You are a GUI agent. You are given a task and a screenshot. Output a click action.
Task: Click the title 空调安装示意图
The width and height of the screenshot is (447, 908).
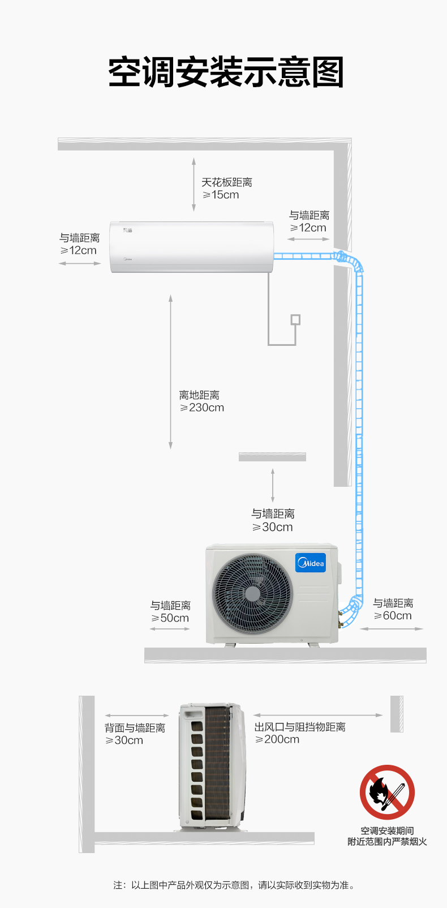[226, 72]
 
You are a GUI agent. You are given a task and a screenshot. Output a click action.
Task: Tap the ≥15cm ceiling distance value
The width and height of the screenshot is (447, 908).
[221, 195]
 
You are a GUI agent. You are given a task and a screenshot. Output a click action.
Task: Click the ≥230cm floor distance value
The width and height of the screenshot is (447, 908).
[202, 408]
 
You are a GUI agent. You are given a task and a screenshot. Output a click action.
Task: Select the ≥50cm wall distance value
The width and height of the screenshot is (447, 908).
[170, 618]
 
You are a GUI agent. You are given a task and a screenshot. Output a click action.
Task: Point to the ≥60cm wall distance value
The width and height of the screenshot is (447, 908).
[392, 616]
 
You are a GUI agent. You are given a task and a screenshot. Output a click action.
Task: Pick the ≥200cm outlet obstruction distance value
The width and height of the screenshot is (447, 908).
[277, 739]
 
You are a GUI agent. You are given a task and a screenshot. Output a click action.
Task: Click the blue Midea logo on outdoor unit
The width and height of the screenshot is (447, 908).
[311, 563]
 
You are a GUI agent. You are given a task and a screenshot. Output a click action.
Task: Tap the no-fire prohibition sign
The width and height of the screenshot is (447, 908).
[387, 792]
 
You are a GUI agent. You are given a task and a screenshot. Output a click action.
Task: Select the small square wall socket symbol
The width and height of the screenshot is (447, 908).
[295, 320]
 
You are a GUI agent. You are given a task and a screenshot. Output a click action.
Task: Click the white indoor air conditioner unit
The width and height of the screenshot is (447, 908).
[192, 247]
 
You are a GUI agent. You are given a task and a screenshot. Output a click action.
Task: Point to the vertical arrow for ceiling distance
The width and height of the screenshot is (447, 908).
[194, 185]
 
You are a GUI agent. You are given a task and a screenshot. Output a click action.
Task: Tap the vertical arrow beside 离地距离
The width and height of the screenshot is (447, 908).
[171, 372]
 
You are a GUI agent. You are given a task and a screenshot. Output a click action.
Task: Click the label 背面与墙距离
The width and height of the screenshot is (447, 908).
[135, 728]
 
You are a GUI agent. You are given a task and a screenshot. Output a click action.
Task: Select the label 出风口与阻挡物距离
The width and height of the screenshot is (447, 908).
[300, 727]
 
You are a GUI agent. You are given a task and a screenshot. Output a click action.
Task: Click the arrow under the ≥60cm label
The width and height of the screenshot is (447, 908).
[392, 629]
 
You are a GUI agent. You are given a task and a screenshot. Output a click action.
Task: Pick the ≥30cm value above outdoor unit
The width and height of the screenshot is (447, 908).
[272, 527]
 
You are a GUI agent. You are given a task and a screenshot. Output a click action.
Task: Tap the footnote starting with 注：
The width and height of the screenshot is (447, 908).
[234, 885]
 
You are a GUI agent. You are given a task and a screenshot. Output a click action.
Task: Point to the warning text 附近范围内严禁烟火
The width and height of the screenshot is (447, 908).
[387, 842]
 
